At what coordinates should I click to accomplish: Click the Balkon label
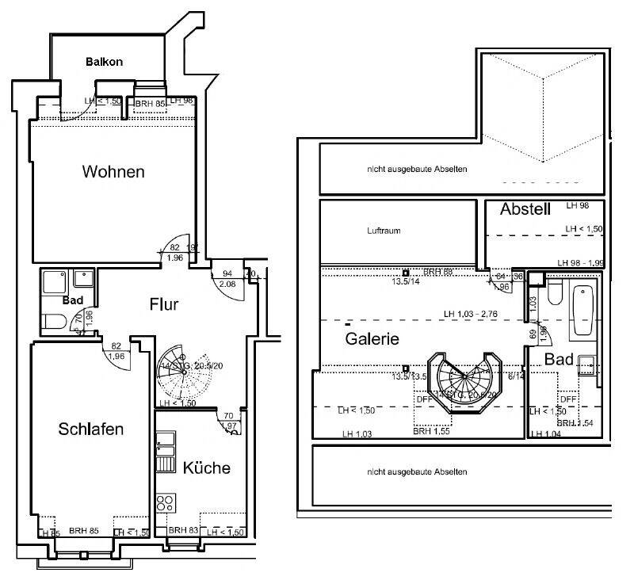(x=104, y=62)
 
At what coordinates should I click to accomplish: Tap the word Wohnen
(x=113, y=171)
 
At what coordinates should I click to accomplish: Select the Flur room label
(x=164, y=303)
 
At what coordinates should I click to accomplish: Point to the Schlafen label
(x=91, y=429)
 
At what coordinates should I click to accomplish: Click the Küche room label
(x=206, y=468)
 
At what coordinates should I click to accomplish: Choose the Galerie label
(x=372, y=338)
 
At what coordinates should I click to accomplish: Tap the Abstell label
(x=525, y=210)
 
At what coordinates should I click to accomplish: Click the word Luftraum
(x=384, y=231)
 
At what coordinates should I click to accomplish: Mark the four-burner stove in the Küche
(x=166, y=502)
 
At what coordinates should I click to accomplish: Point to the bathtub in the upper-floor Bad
(x=584, y=310)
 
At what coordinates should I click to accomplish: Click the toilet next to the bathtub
(x=554, y=296)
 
